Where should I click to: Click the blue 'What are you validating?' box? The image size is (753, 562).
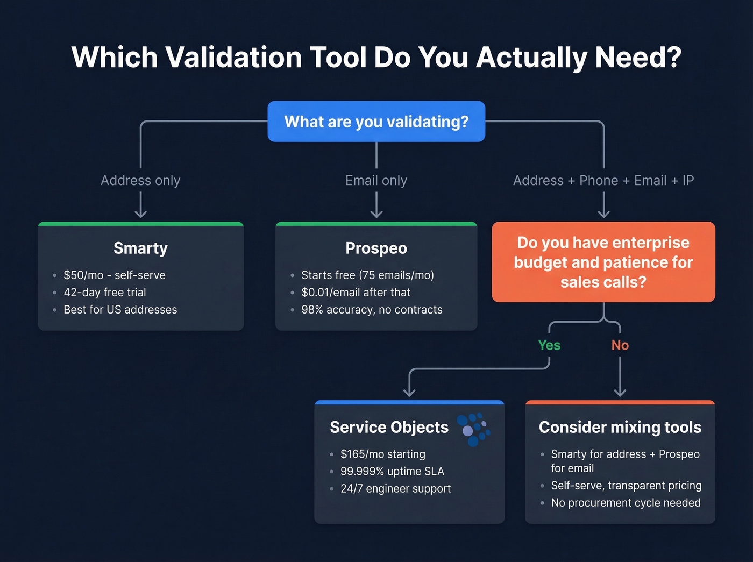[x=376, y=122]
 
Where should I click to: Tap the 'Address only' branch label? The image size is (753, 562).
[x=140, y=180]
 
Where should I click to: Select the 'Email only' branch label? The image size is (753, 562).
[x=376, y=180]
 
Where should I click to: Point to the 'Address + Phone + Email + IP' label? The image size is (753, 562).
[x=603, y=180]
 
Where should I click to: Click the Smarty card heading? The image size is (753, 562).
[x=140, y=248]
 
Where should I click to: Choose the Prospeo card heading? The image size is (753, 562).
[x=376, y=248]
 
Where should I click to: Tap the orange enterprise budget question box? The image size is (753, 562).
[x=603, y=262]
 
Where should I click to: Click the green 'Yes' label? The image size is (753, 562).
[x=549, y=345]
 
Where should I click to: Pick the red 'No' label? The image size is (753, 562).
[x=620, y=345]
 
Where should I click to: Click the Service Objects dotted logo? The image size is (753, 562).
[x=473, y=429]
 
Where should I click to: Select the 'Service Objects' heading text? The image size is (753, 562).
[x=389, y=427]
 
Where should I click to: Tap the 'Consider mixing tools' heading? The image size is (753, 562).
[x=620, y=427]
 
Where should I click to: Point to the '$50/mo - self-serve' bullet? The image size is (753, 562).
[x=114, y=275]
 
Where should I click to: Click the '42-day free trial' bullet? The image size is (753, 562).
[x=105, y=293]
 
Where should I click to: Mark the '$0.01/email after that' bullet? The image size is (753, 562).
[x=356, y=293]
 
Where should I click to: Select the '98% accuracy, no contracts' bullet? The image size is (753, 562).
[x=372, y=310]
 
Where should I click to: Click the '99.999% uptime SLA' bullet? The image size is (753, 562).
[x=392, y=472]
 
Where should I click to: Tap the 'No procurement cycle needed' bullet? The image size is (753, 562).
[x=626, y=503]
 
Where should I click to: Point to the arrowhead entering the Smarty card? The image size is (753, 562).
[x=140, y=215]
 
